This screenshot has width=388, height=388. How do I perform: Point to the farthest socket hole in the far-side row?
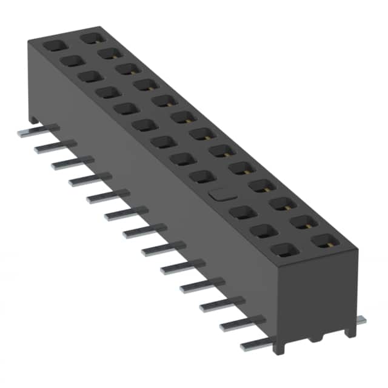(91, 38)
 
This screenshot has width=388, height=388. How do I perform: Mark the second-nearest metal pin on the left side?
(239, 324)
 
